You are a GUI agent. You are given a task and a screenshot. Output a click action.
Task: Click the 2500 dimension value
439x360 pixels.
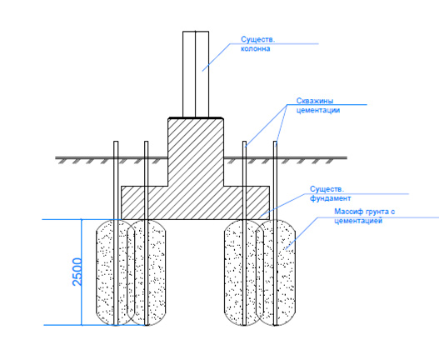pyautogui.click(x=77, y=272)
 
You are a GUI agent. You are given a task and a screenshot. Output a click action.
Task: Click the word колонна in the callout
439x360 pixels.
pyautogui.click(x=256, y=48)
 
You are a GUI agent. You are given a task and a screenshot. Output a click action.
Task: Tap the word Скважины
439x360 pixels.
pyautogui.click(x=315, y=101)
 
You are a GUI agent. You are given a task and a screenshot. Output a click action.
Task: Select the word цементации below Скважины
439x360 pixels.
pyautogui.click(x=318, y=110)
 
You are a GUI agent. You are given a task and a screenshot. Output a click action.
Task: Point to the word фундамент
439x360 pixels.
pyautogui.click(x=330, y=198)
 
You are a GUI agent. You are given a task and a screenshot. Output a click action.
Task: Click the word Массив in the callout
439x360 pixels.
pyautogui.click(x=347, y=212)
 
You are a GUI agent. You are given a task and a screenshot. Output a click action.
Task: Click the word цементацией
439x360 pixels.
pyautogui.click(x=358, y=221)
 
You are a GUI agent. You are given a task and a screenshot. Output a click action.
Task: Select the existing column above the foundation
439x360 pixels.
pyautogui.click(x=196, y=74)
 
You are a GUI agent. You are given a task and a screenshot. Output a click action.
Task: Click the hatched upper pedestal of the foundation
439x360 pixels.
pyautogui.click(x=196, y=152)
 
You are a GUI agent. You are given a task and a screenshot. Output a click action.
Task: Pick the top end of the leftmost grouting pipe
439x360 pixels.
pyautogui.click(x=116, y=142)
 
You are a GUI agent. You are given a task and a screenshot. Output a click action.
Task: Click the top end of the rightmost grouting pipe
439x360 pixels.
pyautogui.click(x=276, y=142)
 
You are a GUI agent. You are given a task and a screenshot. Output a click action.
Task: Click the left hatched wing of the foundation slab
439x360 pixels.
pyautogui.click(x=144, y=202)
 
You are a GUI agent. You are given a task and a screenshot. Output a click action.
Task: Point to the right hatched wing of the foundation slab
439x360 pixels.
pyautogui.click(x=247, y=202)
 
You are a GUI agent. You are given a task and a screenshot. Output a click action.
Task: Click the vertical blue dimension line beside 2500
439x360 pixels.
pyautogui.click(x=82, y=272)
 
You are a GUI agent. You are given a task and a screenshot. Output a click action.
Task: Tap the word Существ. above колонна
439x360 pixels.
pyautogui.click(x=258, y=39)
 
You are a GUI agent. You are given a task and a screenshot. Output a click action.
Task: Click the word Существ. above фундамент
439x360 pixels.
pyautogui.click(x=327, y=189)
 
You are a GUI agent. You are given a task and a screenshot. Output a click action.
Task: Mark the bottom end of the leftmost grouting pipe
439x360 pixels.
pyautogui.click(x=116, y=325)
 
